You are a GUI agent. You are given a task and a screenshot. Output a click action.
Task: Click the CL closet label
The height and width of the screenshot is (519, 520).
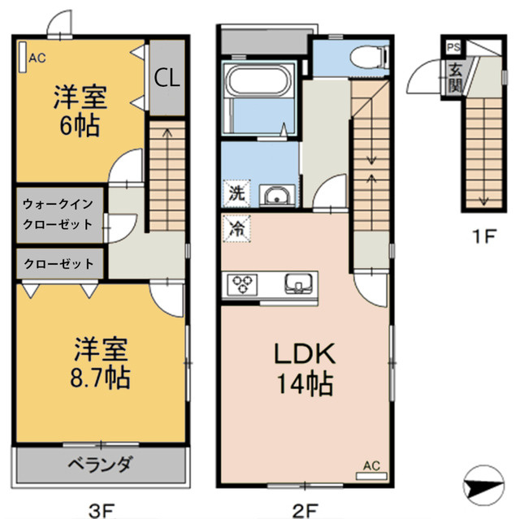(168, 78)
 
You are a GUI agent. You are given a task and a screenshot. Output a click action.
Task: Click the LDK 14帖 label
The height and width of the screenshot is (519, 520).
(303, 368)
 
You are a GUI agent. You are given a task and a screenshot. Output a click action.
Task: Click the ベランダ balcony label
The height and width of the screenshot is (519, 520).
(100, 465)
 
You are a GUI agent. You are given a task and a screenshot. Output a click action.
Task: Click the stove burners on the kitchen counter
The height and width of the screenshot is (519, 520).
(242, 283)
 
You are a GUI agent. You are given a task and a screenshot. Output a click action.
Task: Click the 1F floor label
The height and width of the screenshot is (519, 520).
(484, 238)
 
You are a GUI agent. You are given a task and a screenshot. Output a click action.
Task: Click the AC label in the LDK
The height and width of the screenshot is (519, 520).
(371, 465)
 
